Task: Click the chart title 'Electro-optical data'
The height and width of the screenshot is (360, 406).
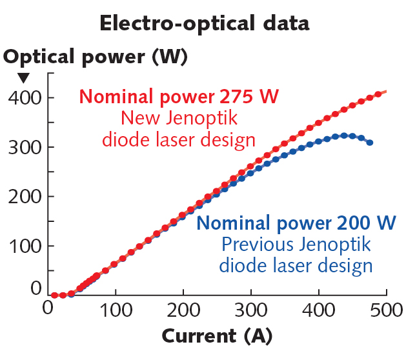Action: (x=204, y=23)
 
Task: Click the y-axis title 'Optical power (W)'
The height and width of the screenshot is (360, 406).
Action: (x=95, y=57)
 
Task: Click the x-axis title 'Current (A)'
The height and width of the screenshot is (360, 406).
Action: (x=217, y=336)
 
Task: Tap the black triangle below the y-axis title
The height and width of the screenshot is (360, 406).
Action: (x=23, y=78)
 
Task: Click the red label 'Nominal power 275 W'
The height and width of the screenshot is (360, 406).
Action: (x=179, y=97)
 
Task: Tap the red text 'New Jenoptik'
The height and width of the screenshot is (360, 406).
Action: (x=179, y=118)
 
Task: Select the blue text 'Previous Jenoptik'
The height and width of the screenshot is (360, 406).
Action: (x=296, y=245)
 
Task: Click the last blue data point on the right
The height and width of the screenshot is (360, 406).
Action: (x=369, y=143)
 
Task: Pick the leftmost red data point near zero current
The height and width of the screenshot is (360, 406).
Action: (x=55, y=295)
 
